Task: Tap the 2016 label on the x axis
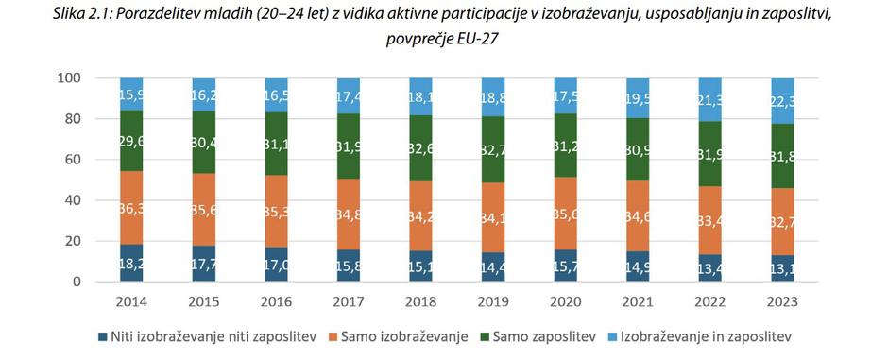tap(277, 302)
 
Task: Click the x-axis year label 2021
tap(638, 302)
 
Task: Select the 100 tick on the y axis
tap(69, 78)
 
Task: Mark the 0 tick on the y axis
tap(77, 283)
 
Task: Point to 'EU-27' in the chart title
tap(478, 40)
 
